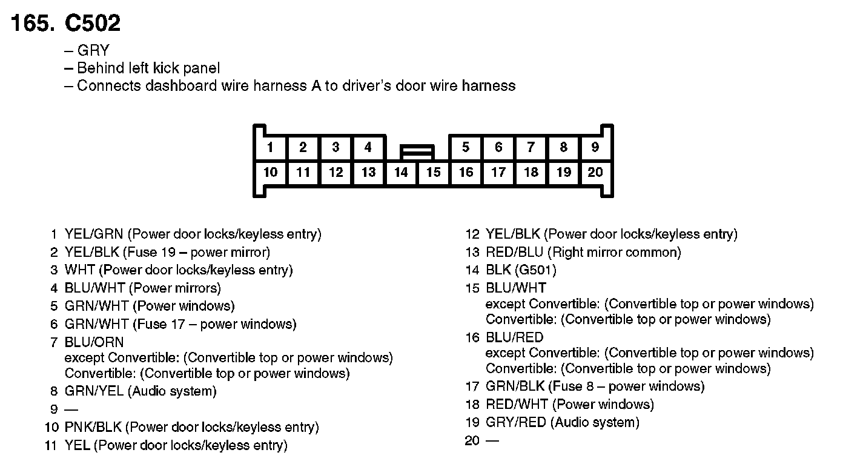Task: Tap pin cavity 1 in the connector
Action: tap(270, 147)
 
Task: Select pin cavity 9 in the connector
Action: tap(595, 147)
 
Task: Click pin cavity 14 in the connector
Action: tap(401, 173)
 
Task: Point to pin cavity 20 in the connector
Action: tap(595, 173)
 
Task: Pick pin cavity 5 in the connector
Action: tap(465, 147)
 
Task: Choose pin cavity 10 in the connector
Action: tap(270, 173)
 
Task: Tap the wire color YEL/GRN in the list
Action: tap(93, 234)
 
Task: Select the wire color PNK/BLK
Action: tap(93, 428)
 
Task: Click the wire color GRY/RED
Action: tap(515, 422)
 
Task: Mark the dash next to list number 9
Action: tap(71, 409)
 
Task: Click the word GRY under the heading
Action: tap(93, 51)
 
